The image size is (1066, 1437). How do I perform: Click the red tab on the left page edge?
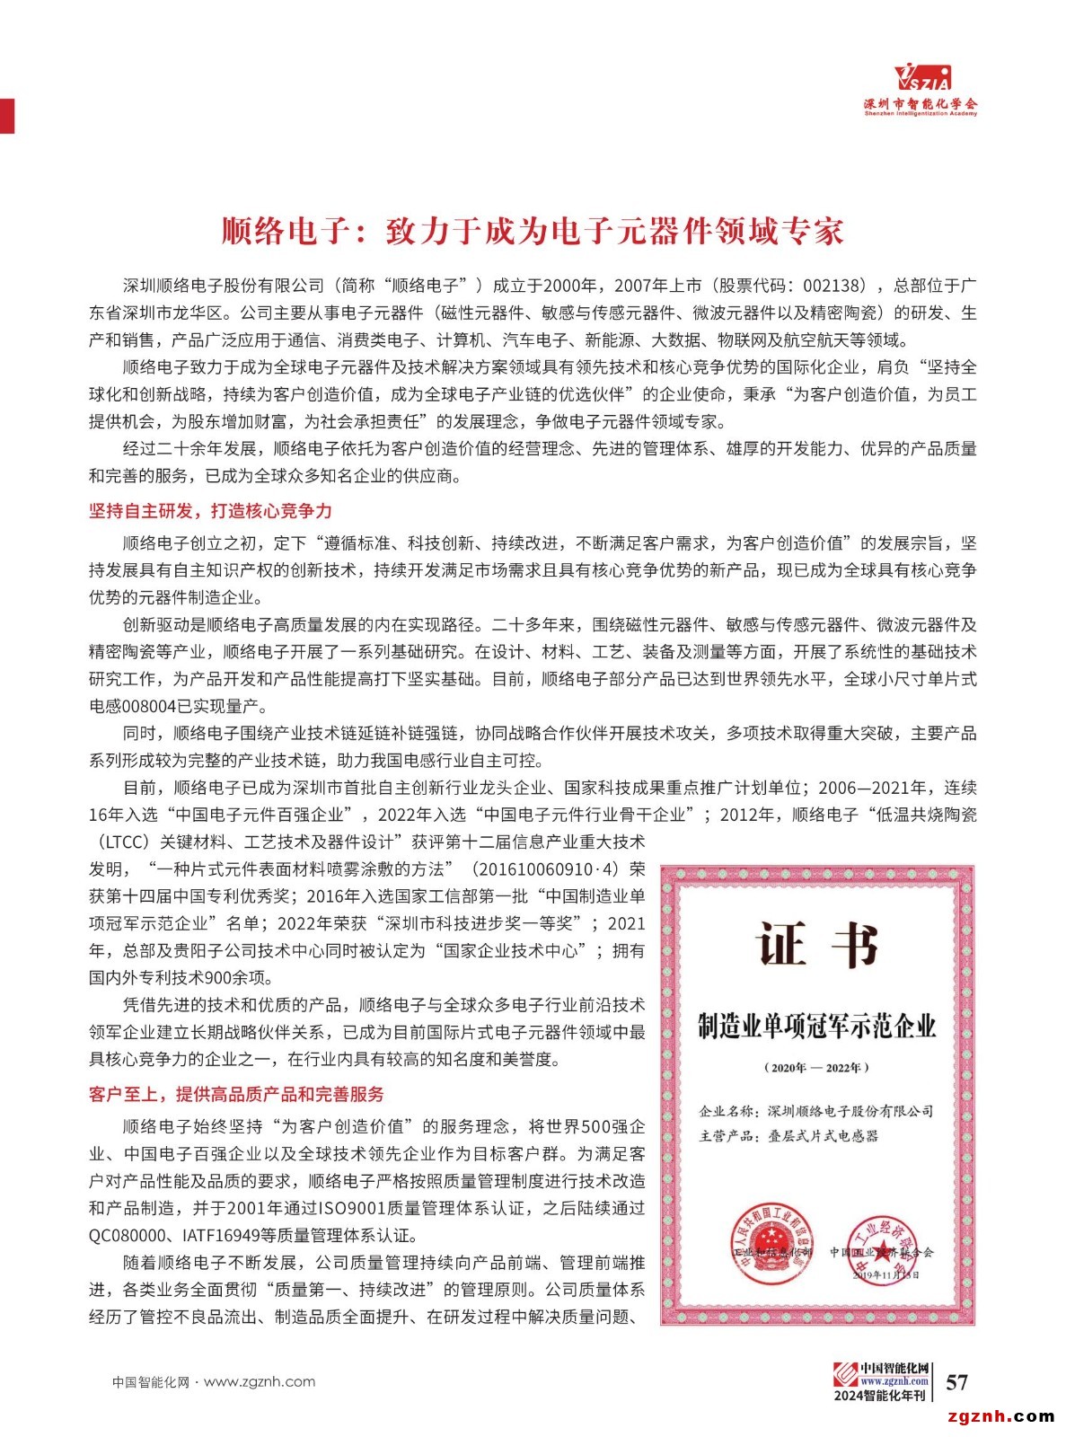coord(7,115)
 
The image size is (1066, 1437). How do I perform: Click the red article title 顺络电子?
coord(533,231)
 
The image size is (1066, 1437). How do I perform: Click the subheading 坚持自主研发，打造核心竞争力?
coord(210,511)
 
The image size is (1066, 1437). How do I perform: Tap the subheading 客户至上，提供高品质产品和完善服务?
coord(236,1094)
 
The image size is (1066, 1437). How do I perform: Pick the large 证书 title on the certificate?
coord(816,944)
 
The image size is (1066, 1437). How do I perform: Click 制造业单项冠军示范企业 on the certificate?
coord(816,1026)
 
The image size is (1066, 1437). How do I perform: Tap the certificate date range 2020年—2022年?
coord(816,1068)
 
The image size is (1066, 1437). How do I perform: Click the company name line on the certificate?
coord(816,1111)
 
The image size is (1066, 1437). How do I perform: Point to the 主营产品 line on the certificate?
coord(788,1136)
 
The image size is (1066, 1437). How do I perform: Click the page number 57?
coord(957,1381)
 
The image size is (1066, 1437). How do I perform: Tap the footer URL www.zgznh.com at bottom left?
coord(260,1381)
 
